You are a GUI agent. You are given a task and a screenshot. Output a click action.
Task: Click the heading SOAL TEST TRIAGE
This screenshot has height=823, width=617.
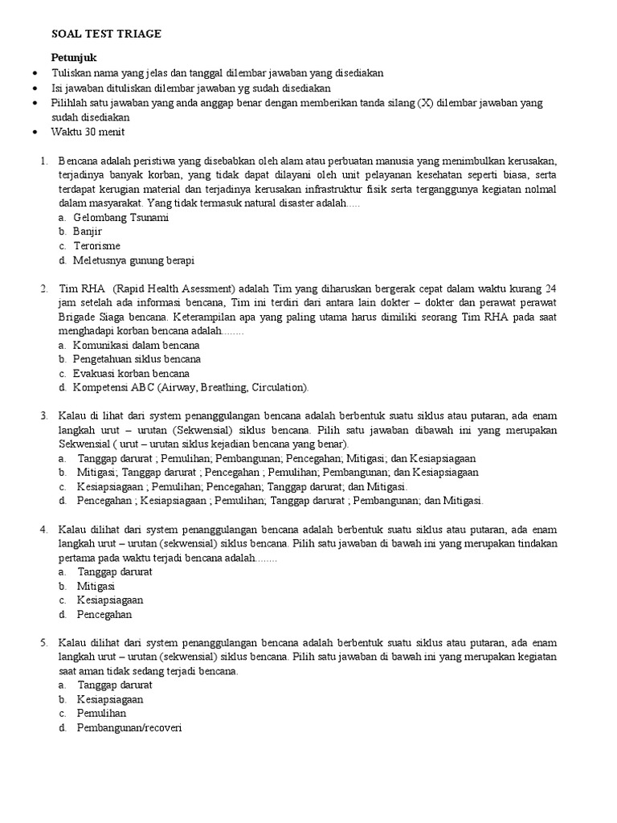[x=106, y=34]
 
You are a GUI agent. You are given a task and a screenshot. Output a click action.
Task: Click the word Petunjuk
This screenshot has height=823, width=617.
[x=74, y=58]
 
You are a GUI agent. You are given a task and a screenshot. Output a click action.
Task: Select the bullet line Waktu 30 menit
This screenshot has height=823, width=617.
[x=88, y=132]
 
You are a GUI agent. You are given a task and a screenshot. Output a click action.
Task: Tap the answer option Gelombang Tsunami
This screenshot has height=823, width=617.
[x=121, y=218]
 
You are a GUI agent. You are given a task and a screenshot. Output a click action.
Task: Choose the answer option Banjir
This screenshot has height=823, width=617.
[x=88, y=231]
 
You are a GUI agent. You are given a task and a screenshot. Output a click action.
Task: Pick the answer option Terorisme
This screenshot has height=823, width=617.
[x=97, y=246]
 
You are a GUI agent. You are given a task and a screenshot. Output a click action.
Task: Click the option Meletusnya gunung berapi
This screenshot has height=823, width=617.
[x=133, y=260]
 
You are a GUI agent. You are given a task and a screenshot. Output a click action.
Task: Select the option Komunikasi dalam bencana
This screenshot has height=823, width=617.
[x=136, y=345]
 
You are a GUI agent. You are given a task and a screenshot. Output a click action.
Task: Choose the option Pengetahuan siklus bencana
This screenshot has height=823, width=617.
[x=137, y=359]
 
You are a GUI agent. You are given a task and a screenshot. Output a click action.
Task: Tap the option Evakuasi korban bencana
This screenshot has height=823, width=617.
[x=131, y=374]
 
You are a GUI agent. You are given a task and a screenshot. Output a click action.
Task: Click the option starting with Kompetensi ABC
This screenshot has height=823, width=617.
[x=190, y=387]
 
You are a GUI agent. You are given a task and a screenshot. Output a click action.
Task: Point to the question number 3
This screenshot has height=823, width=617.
[x=45, y=416]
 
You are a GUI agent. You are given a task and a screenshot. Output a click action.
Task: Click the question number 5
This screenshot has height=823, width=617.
[x=45, y=643]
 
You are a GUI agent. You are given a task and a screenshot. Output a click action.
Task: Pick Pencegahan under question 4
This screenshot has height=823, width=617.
[x=104, y=615]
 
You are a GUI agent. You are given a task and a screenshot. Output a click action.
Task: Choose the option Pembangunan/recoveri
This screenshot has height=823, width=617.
[x=130, y=728]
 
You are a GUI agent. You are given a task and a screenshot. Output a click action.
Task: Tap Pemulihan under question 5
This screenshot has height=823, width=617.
[x=102, y=714]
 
